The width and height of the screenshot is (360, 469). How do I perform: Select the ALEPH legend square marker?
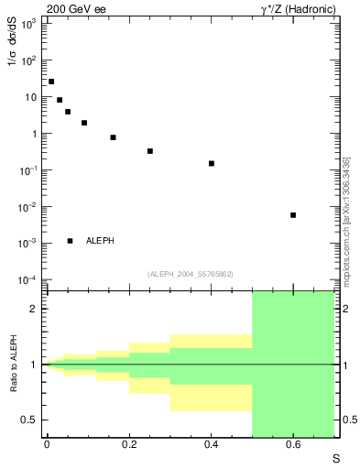[x=70, y=241]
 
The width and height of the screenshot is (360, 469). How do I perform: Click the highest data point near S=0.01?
[x=51, y=82]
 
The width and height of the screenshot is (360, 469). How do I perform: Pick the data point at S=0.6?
[x=293, y=215]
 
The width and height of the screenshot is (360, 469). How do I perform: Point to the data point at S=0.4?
[x=212, y=164]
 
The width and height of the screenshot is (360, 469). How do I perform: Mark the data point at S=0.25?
[x=150, y=151]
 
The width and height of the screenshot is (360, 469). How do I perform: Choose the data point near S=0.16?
[x=113, y=137]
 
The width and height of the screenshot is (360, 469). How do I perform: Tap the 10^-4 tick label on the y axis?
[x=27, y=280]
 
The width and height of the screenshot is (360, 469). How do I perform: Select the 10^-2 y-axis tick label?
[x=27, y=207]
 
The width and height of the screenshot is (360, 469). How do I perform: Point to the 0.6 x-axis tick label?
[x=293, y=446]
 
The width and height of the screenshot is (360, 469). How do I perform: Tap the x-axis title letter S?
[x=336, y=458]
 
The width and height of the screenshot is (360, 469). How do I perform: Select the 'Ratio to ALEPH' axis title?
[x=13, y=364]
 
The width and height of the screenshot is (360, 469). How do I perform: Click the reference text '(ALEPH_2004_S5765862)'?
[x=190, y=274]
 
